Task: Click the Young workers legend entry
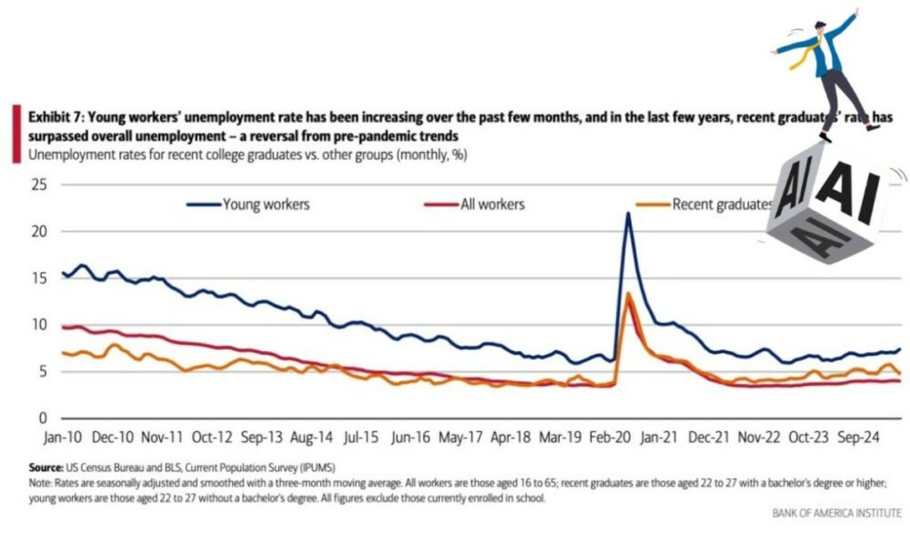pyautogui.click(x=265, y=205)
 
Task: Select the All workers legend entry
pyautogui.click(x=491, y=205)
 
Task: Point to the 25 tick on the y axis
pyautogui.click(x=38, y=185)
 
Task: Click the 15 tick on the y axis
pyautogui.click(x=38, y=278)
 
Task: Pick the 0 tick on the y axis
pyautogui.click(x=42, y=418)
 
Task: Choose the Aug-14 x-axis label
pyautogui.click(x=312, y=438)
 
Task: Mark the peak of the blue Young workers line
pyautogui.click(x=628, y=213)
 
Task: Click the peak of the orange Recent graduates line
pyautogui.click(x=628, y=293)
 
